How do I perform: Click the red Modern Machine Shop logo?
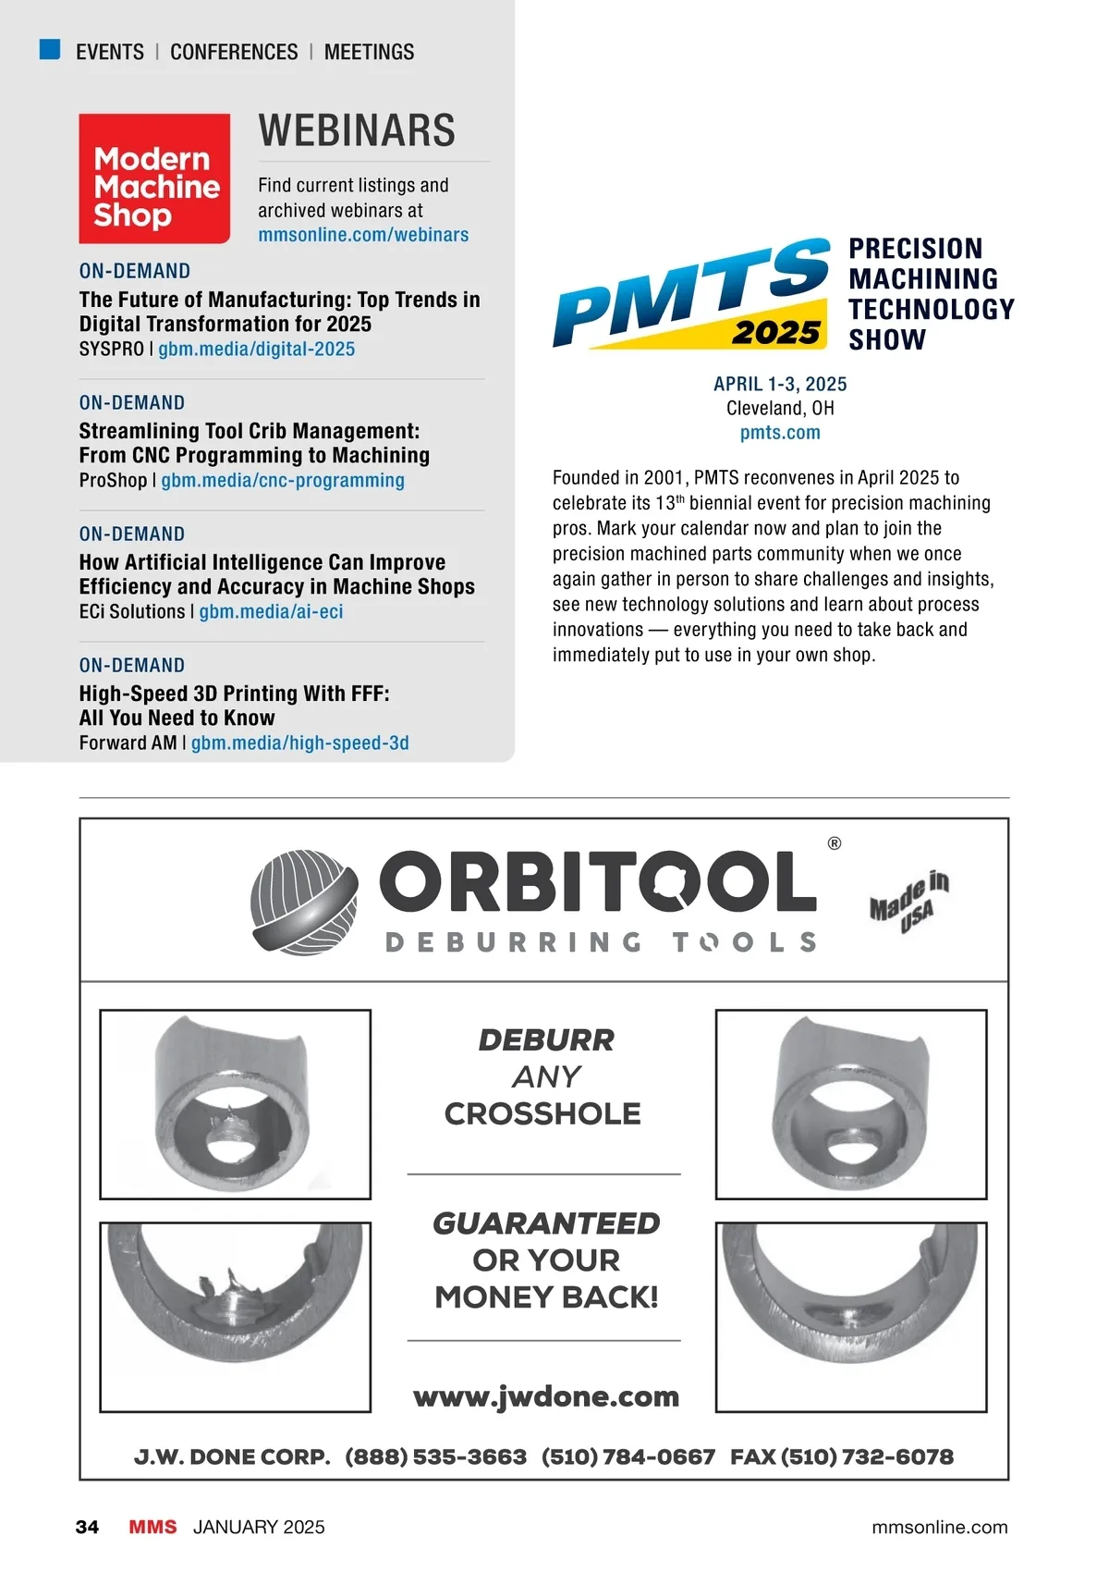tap(154, 178)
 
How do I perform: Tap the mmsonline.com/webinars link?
tap(363, 235)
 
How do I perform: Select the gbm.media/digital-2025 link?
tap(256, 350)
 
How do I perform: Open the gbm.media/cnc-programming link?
tap(283, 481)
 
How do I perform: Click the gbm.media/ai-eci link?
tap(271, 612)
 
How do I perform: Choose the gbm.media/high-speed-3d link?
tap(299, 743)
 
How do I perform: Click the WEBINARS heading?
tap(357, 130)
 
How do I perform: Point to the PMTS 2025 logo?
tap(690, 294)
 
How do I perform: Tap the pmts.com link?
tap(780, 433)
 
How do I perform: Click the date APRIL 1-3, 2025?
tap(780, 384)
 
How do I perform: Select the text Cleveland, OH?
tap(780, 408)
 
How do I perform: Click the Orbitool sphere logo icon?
tap(304, 902)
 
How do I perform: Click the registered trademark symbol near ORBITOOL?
tap(835, 843)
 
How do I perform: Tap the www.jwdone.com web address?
tap(546, 1396)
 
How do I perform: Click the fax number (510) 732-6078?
tap(867, 1457)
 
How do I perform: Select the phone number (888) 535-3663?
tap(436, 1457)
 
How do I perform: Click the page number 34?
tap(87, 1527)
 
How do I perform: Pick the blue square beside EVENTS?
tap(50, 50)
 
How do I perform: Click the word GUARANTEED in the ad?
tap(546, 1223)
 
